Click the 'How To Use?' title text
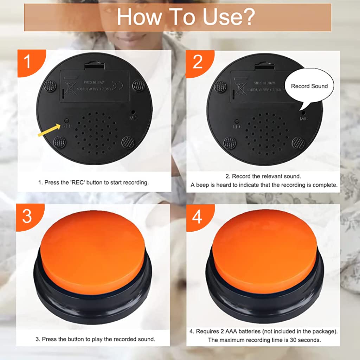(185, 17)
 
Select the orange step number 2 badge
(198, 62)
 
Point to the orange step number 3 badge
(27, 216)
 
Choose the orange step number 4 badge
(197, 217)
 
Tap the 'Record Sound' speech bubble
(309, 86)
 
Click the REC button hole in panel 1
(65, 120)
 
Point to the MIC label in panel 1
(133, 117)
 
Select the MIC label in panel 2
(304, 119)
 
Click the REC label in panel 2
(237, 126)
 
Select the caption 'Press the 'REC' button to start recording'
(93, 182)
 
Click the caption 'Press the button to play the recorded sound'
(95, 339)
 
